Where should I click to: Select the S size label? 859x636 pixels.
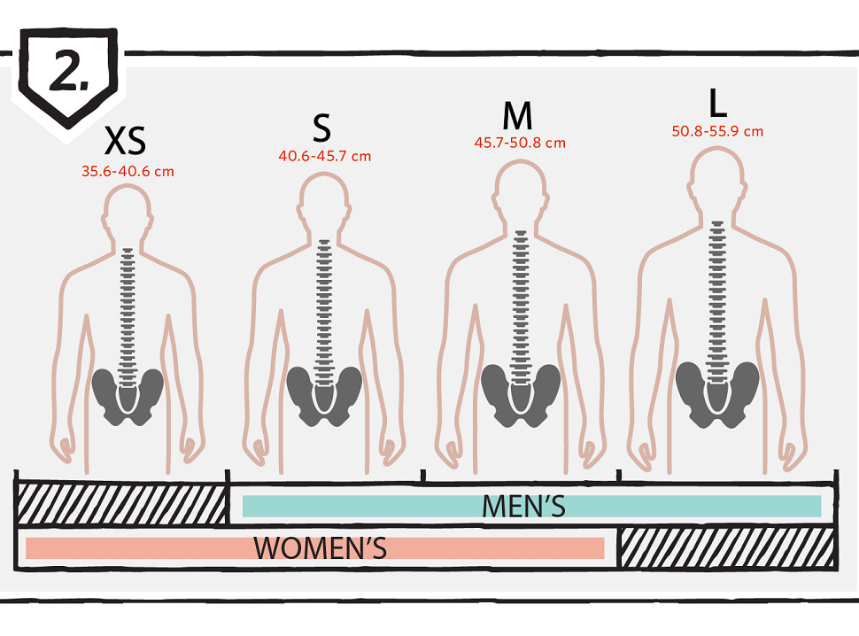pyautogui.click(x=321, y=128)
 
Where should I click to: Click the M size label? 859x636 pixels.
pyautogui.click(x=517, y=116)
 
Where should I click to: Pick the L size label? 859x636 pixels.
pyautogui.click(x=717, y=104)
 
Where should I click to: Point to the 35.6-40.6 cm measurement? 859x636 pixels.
pyautogui.click(x=128, y=172)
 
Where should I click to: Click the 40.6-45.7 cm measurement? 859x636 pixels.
pyautogui.click(x=324, y=157)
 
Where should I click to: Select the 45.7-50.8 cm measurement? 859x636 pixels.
pyautogui.click(x=520, y=143)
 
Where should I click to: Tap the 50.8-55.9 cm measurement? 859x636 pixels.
pyautogui.click(x=717, y=132)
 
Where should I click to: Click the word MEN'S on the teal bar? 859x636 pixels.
pyautogui.click(x=523, y=506)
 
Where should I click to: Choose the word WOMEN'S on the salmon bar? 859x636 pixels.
pyautogui.click(x=321, y=548)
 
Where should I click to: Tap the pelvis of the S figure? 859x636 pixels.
pyautogui.click(x=324, y=394)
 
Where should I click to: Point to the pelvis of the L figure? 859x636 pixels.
pyautogui.click(x=716, y=389)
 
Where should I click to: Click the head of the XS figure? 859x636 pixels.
pyautogui.click(x=128, y=213)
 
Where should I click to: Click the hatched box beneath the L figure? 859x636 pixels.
pyautogui.click(x=726, y=547)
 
